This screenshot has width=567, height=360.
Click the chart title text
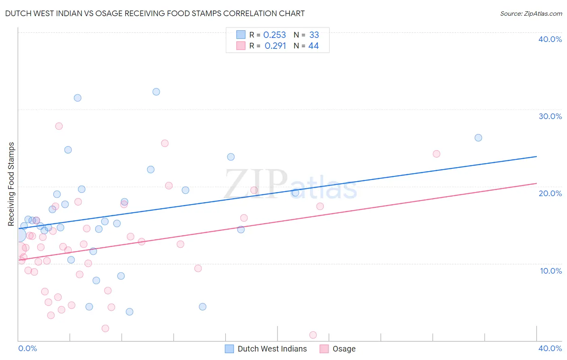click(x=155, y=13)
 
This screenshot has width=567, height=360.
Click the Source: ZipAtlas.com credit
click(x=531, y=13)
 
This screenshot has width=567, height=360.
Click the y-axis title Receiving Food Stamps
click(x=11, y=184)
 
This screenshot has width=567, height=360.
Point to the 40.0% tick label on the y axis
click(x=550, y=39)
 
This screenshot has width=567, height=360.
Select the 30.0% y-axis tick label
click(x=550, y=116)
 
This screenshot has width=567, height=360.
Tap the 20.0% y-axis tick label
click(x=550, y=193)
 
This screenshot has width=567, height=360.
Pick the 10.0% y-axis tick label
click(x=551, y=271)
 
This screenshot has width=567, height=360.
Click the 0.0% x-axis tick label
click(x=27, y=348)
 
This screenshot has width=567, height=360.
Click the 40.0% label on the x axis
click(x=550, y=348)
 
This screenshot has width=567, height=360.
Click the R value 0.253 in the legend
click(x=275, y=35)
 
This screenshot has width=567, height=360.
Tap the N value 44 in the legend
click(x=313, y=46)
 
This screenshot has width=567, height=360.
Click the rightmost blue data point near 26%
click(x=478, y=138)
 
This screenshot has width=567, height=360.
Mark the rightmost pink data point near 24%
click(x=436, y=154)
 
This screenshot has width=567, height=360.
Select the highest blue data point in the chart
click(x=156, y=92)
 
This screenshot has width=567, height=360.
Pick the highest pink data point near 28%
click(x=59, y=126)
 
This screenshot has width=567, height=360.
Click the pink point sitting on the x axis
click(x=313, y=335)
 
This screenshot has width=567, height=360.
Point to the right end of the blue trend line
click(x=536, y=156)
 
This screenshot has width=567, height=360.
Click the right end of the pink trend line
click(x=536, y=183)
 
